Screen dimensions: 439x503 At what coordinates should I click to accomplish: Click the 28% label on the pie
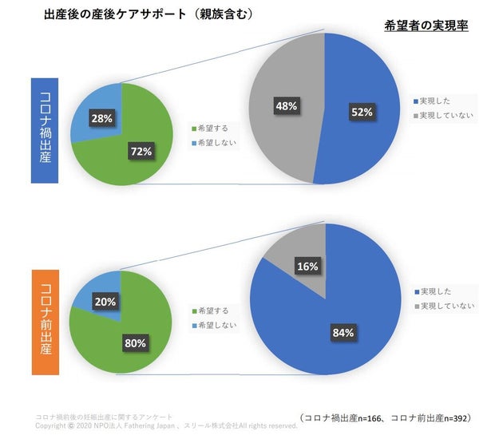[x=103, y=118]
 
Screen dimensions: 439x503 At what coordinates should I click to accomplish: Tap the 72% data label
[x=142, y=152]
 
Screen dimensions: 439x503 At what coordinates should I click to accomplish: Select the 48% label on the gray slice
[x=286, y=105]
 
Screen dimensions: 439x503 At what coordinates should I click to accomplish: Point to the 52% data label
[x=362, y=113]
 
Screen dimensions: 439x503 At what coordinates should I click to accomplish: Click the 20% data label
[x=105, y=302]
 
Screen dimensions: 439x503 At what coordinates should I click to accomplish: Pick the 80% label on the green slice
[x=135, y=343]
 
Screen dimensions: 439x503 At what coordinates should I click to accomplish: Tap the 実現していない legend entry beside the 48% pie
[x=445, y=116]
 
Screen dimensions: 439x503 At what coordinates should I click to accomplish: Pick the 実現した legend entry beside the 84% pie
[x=435, y=291]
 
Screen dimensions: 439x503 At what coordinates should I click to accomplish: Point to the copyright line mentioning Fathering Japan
[x=166, y=425]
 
